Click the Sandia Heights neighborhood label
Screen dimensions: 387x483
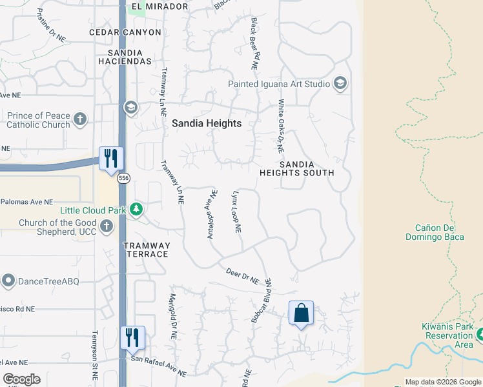click(x=207, y=123)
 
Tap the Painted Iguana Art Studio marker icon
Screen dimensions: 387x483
click(x=340, y=84)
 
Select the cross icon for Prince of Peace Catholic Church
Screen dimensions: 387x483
click(x=80, y=119)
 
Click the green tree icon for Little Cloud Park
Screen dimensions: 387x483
click(x=136, y=209)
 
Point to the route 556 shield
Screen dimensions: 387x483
click(x=123, y=178)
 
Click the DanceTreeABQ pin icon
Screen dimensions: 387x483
click(x=8, y=281)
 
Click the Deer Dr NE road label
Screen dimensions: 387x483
click(x=242, y=277)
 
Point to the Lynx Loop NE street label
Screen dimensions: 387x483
click(x=236, y=212)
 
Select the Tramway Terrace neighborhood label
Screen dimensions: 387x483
click(x=147, y=250)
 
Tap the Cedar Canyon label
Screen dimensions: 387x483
click(x=125, y=32)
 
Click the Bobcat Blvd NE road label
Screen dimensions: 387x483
click(x=262, y=301)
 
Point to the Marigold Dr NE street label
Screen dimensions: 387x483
click(x=173, y=317)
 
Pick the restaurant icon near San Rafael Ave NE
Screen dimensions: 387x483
click(x=132, y=337)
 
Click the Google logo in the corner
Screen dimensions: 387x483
click(x=21, y=379)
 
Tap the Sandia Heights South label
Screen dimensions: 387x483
click(x=297, y=168)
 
